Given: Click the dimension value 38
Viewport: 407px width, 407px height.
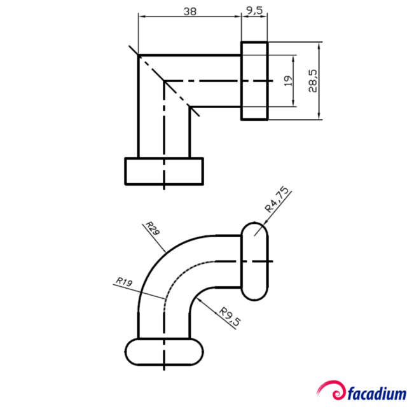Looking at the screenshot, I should point(189,11).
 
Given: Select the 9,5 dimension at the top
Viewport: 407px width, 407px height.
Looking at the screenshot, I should point(254,11).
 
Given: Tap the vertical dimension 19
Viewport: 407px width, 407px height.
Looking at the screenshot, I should point(287,81).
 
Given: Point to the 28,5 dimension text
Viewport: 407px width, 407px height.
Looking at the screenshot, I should point(312,81).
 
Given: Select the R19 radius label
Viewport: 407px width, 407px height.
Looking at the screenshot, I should point(124,281).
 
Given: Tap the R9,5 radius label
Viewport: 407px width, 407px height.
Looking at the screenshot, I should point(230,317).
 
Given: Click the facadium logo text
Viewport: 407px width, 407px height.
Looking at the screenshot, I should point(375,390).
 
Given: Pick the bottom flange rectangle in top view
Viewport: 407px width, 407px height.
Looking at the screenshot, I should point(163,170).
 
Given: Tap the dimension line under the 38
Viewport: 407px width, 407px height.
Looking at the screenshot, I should point(189,17).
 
